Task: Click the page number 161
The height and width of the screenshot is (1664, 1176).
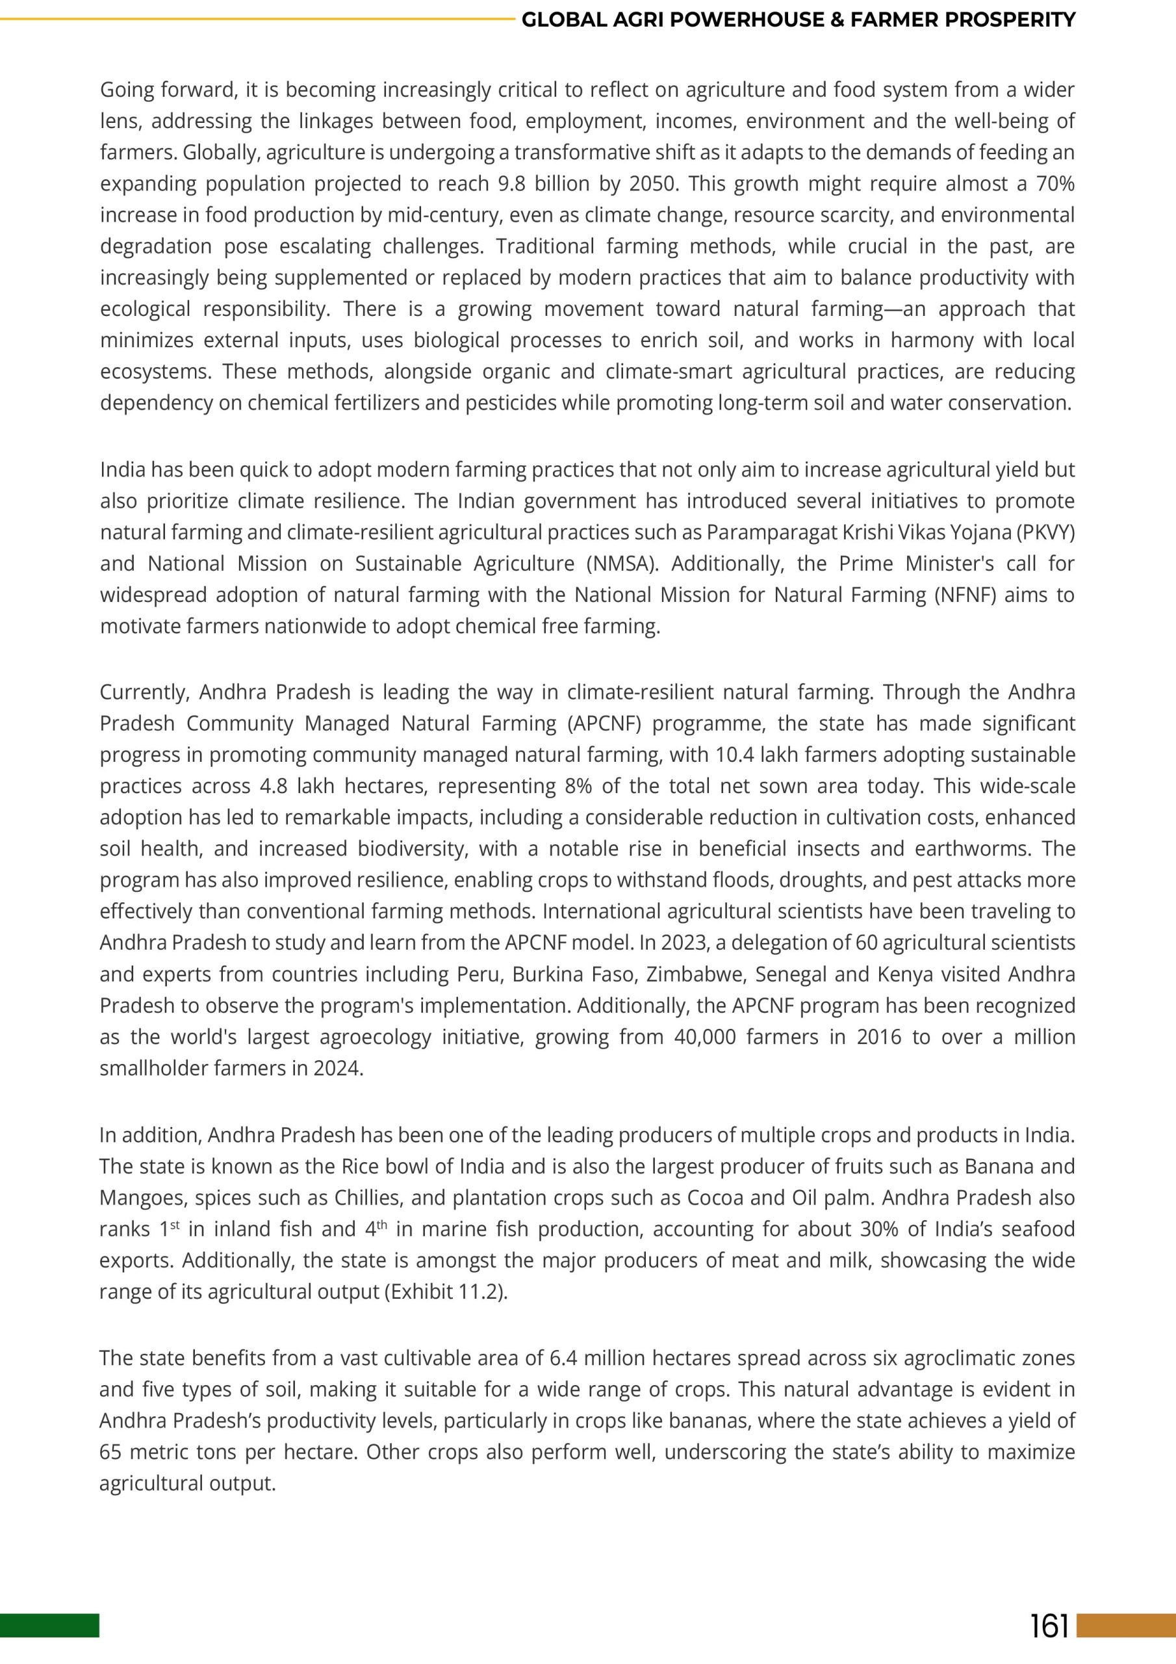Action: (x=1049, y=1626)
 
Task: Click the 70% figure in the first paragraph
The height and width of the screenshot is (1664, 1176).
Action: (x=1055, y=184)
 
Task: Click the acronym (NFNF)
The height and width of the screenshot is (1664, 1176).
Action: (x=962, y=594)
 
